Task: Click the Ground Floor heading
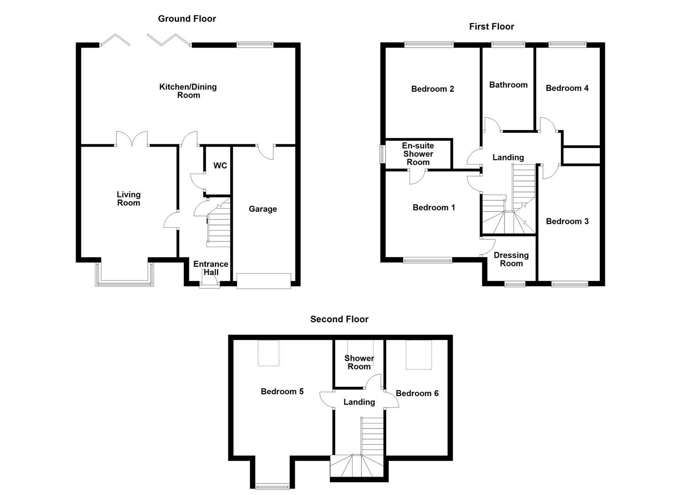point(187,19)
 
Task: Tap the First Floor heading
point(492,27)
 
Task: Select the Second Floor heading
point(339,319)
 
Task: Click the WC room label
point(220,165)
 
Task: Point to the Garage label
point(263,209)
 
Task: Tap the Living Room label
point(128,199)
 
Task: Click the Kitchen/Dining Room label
point(188,91)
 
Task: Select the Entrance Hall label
point(210,268)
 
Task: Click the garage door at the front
point(264,281)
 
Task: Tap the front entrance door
point(210,284)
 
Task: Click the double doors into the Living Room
point(132,139)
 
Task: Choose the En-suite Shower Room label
point(418,154)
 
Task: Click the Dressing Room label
point(511,259)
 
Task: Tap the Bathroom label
point(508,85)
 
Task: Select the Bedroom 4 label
point(567,88)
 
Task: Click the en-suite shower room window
point(382,154)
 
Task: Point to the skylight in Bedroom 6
point(419,355)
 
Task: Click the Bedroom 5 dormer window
point(272,486)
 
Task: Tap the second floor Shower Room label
point(359,363)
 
